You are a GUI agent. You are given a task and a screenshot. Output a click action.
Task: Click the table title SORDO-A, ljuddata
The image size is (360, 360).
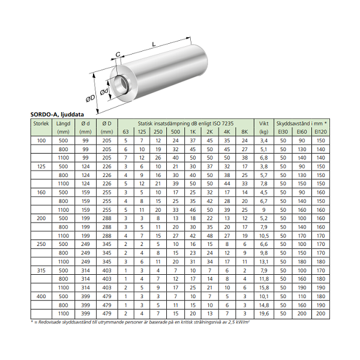57,115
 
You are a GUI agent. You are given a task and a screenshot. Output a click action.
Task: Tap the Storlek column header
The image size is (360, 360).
41,124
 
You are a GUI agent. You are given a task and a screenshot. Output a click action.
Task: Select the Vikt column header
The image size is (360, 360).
264,124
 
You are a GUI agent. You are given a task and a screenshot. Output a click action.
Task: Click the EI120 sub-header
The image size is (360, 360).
321,132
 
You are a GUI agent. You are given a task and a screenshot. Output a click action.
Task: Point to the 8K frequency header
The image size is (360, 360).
245,132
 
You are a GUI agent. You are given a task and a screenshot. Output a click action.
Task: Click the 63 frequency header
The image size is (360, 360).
125,132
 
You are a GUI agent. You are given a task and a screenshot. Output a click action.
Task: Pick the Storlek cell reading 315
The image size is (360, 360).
41,271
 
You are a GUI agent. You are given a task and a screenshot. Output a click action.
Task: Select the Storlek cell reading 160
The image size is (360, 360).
41,193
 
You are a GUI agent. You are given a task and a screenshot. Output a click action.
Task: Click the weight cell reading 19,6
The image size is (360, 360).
264,314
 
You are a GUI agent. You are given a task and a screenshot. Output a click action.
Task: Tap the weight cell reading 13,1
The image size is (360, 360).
264,262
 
